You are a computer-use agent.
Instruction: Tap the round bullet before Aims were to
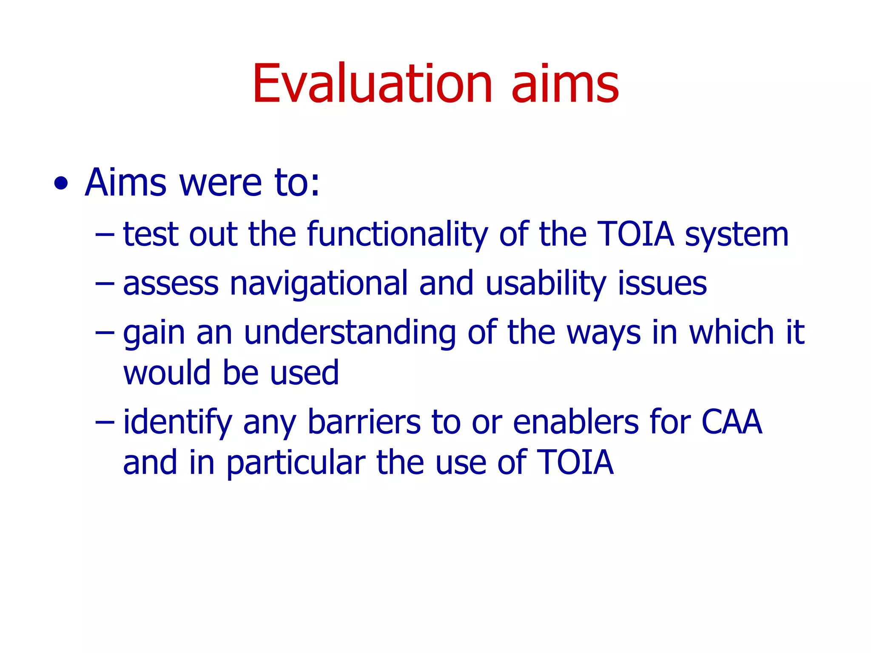click(61, 184)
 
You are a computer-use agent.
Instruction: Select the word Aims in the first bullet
click(125, 183)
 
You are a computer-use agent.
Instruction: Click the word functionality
click(397, 235)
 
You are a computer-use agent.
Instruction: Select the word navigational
click(319, 284)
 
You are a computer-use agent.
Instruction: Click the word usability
click(546, 284)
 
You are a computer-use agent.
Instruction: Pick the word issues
click(662, 284)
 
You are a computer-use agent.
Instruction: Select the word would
click(166, 373)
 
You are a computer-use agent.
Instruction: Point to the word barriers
click(364, 422)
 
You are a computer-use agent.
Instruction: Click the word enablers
click(575, 422)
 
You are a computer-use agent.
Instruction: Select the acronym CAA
click(731, 422)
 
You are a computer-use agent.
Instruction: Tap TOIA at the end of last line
click(575, 463)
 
